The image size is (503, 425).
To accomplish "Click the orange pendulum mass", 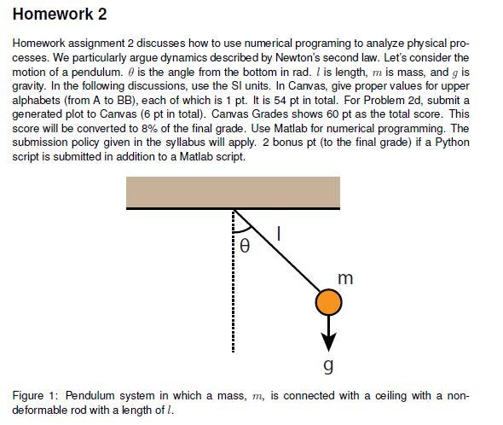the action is point(328,302).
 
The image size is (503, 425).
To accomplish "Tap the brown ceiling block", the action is point(233,192).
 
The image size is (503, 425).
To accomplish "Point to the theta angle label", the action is point(245,247).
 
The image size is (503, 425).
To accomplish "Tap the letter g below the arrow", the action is point(328,367).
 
